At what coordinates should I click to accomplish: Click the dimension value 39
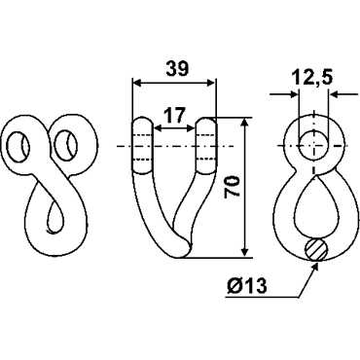pyautogui.click(x=177, y=68)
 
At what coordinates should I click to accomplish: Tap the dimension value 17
pyautogui.click(x=174, y=115)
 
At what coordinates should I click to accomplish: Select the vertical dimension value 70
pyautogui.click(x=233, y=187)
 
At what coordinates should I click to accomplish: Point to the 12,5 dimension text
pyautogui.click(x=312, y=78)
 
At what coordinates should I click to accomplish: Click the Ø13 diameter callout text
pyautogui.click(x=247, y=286)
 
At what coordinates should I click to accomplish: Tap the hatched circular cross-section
pyautogui.click(x=316, y=250)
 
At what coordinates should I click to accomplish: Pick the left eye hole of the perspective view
pyautogui.click(x=18, y=146)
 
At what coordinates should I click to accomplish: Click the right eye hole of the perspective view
pyautogui.click(x=65, y=145)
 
